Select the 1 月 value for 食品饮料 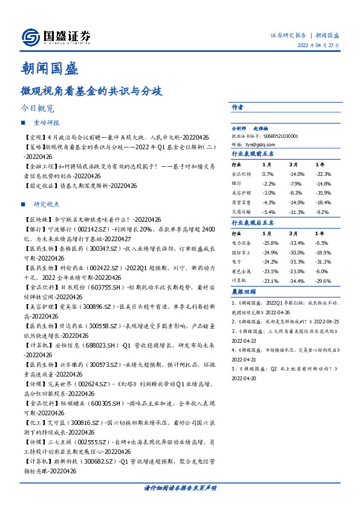click(x=268, y=173)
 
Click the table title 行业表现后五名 click(x=254, y=223)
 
